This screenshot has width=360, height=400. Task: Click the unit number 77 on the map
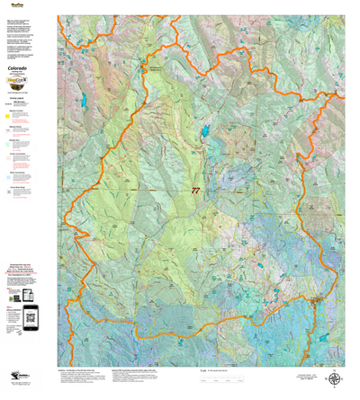coord(195,191)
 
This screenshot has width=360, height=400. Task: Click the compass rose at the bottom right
coord(335,380)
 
